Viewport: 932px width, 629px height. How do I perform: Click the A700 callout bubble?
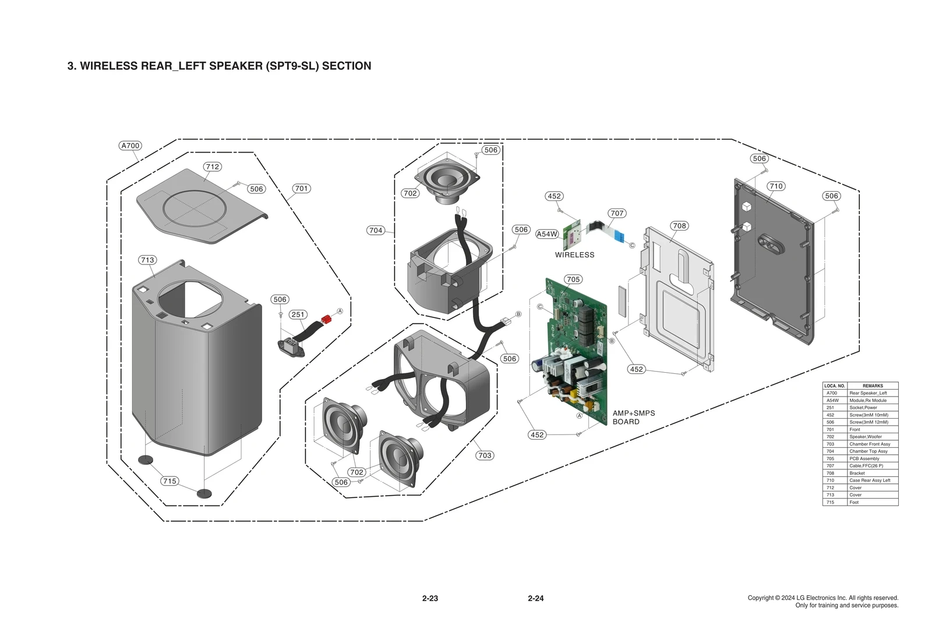pos(130,146)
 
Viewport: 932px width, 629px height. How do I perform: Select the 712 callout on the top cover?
pos(212,167)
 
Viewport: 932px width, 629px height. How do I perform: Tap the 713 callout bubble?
pos(147,260)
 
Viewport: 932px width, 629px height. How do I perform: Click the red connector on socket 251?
pos(326,319)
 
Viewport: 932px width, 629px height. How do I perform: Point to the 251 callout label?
pos(298,314)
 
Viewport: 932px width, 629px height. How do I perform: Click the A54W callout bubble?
pos(547,234)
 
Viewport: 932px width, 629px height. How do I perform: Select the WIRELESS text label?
pos(574,255)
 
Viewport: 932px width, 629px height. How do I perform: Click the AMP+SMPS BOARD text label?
pos(633,417)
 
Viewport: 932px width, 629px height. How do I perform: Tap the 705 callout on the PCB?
pos(573,279)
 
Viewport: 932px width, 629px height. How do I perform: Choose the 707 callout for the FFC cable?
pos(617,213)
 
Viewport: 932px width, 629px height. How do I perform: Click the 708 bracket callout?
pos(679,225)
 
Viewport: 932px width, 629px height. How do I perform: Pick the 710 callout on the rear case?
pos(775,186)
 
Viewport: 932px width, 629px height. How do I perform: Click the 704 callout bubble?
pos(376,230)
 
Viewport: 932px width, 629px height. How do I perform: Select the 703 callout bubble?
pos(484,455)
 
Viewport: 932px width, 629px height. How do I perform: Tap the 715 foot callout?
pos(170,481)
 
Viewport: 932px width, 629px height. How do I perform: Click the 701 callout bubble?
pos(301,188)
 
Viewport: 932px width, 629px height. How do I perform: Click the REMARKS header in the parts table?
pos(872,386)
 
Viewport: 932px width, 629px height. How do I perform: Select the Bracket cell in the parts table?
pos(857,473)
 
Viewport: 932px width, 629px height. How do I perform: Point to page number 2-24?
pos(535,598)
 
